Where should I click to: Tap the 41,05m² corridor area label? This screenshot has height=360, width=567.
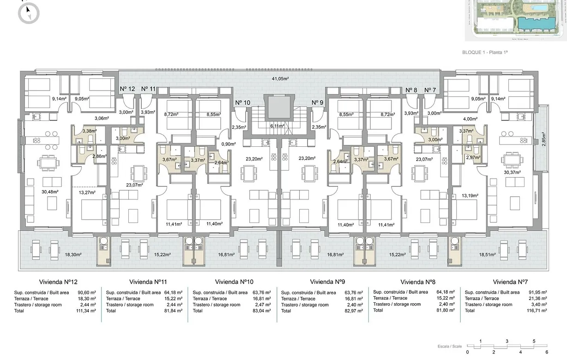[280, 79]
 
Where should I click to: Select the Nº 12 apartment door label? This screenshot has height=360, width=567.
[127, 89]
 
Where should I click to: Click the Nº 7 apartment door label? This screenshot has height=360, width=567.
[430, 90]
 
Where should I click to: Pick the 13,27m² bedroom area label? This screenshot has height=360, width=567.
[87, 192]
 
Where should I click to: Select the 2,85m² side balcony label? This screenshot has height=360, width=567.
[544, 138]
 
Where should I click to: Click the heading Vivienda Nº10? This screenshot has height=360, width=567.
[234, 282]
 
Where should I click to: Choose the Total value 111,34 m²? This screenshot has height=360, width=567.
[86, 311]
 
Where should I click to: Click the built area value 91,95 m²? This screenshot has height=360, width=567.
[537, 293]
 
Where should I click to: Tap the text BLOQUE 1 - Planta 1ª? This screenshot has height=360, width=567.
[485, 53]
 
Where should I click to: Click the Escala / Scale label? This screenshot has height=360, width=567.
[449, 346]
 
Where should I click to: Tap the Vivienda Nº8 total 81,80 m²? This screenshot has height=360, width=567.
[446, 311]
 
